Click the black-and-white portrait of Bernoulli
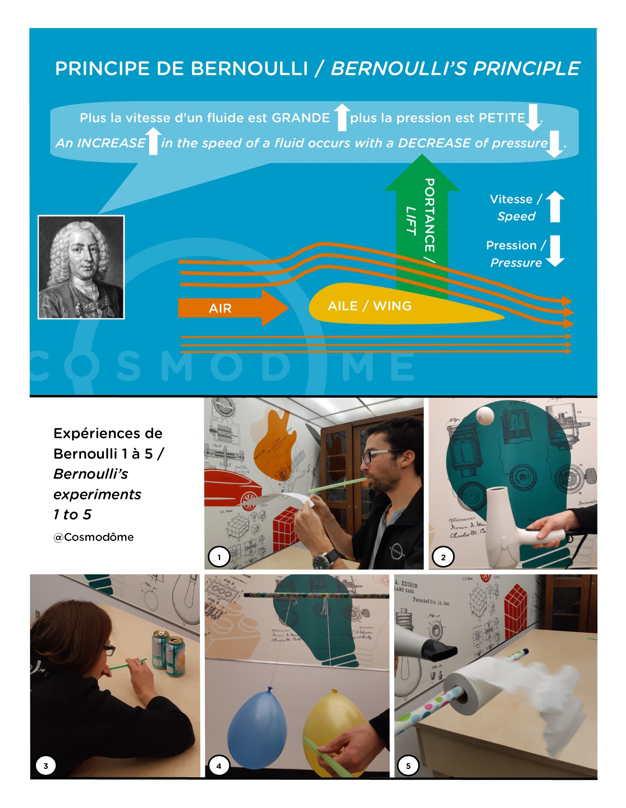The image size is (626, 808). tap(81, 267)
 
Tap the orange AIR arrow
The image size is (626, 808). tap(228, 308)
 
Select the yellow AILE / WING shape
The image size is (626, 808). tap(379, 306)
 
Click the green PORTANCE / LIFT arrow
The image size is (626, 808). tap(422, 212)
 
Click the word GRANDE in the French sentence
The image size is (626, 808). tap(301, 118)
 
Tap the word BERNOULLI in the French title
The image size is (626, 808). tap(249, 69)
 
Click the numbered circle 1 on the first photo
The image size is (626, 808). tap(219, 557)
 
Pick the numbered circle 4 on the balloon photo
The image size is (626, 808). tap(219, 766)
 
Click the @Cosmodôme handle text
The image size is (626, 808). tap(93, 537)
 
